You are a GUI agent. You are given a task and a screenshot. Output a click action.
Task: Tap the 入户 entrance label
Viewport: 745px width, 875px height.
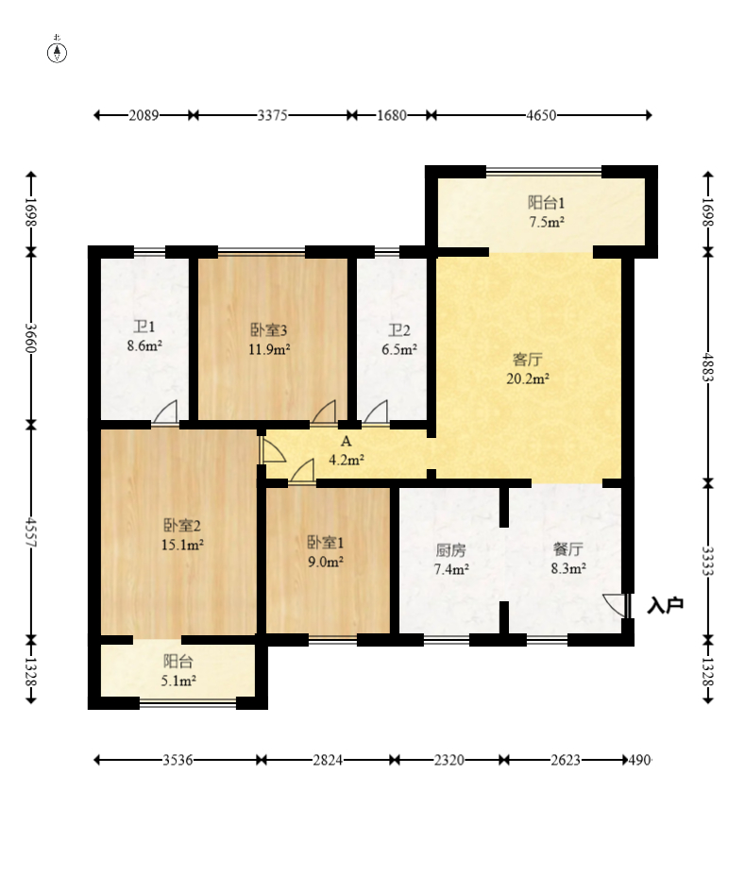click(x=665, y=605)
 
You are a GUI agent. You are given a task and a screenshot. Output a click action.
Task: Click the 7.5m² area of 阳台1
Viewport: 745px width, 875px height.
click(x=547, y=222)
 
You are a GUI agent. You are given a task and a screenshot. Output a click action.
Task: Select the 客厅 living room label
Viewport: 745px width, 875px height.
click(x=528, y=359)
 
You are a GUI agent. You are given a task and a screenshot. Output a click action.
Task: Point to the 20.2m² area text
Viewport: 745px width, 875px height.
click(x=528, y=379)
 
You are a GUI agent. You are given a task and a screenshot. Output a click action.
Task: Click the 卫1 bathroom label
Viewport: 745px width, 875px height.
click(x=144, y=327)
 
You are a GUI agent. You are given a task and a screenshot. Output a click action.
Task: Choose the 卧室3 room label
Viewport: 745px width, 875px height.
click(x=268, y=329)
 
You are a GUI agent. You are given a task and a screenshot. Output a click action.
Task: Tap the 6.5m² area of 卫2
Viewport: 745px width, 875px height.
click(x=399, y=350)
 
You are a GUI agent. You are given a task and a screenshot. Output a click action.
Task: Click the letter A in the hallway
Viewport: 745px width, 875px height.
click(x=346, y=442)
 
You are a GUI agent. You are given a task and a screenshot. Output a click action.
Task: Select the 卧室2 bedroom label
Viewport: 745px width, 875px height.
click(x=182, y=525)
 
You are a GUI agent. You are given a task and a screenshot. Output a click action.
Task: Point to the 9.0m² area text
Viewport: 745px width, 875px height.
click(x=326, y=562)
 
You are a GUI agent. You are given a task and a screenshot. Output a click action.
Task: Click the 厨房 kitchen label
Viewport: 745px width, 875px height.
click(x=450, y=550)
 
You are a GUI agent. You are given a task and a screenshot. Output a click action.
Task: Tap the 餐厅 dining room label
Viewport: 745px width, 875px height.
click(x=568, y=549)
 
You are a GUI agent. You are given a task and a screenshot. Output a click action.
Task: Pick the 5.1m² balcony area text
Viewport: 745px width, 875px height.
click(x=178, y=681)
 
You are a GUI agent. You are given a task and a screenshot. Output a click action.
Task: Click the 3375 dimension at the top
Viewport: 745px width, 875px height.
click(x=272, y=115)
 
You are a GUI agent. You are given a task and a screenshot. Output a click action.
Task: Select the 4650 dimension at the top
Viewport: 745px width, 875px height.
click(x=541, y=115)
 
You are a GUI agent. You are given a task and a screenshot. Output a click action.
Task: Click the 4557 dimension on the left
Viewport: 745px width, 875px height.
click(x=31, y=533)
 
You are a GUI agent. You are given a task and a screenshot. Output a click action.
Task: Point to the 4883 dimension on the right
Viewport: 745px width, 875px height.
click(x=708, y=367)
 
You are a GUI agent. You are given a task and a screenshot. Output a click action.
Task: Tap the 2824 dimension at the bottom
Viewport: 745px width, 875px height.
click(x=328, y=760)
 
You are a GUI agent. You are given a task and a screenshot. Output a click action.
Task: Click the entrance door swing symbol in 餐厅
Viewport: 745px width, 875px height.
click(x=616, y=605)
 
